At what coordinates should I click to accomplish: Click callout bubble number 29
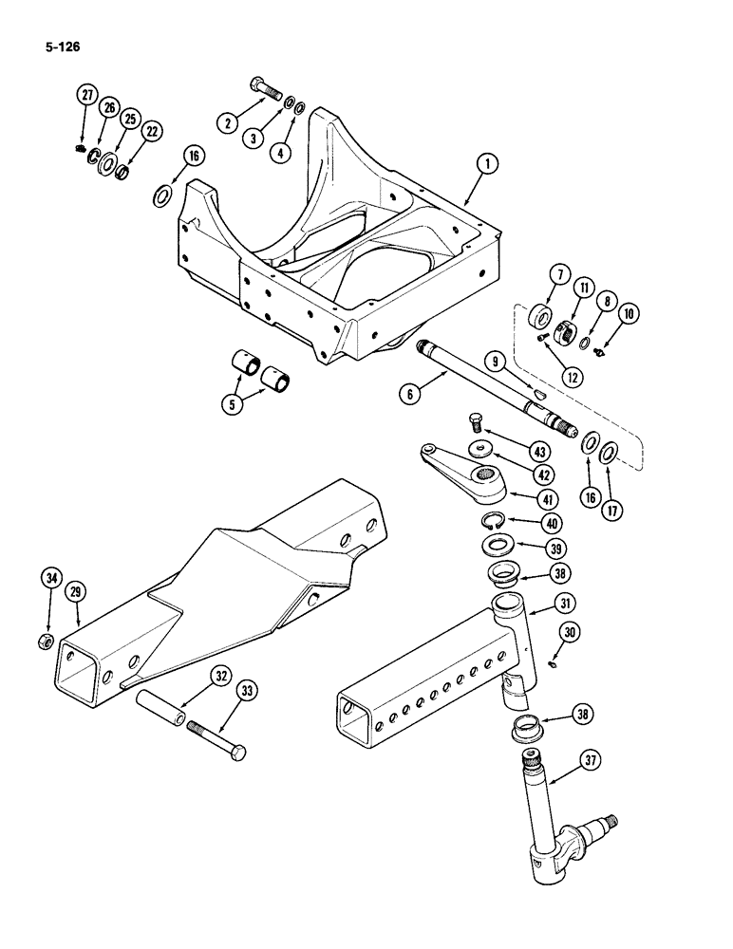click(x=77, y=590)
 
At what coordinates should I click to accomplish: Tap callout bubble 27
click(x=87, y=95)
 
